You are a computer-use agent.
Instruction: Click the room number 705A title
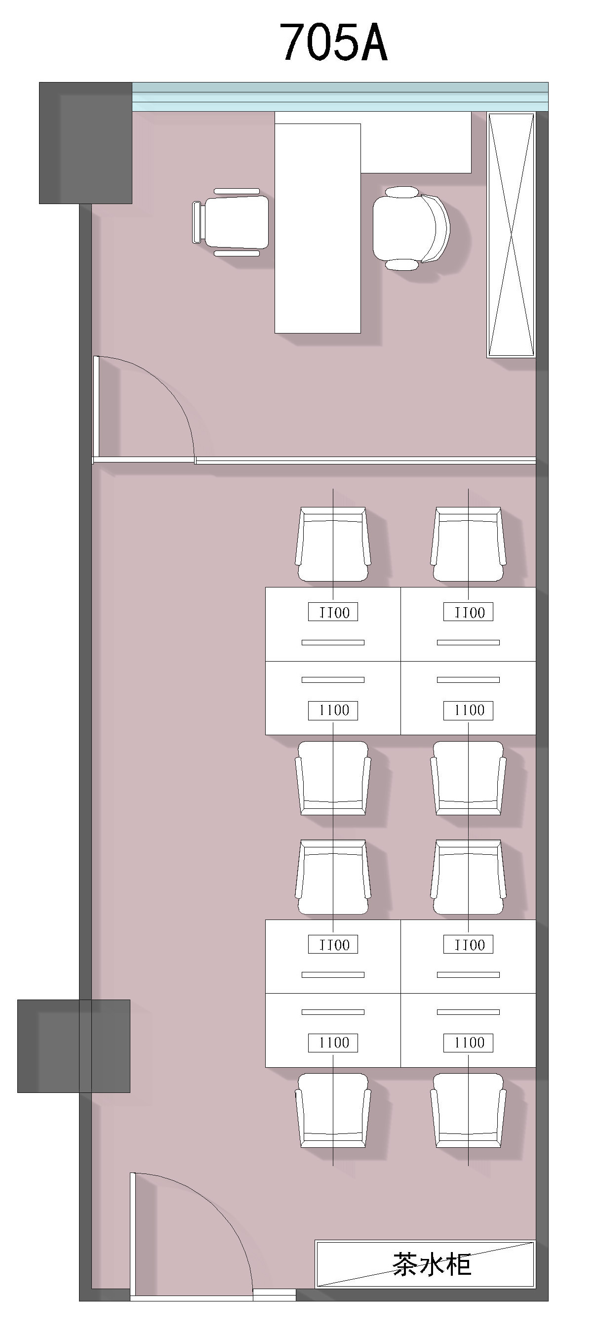click(x=333, y=42)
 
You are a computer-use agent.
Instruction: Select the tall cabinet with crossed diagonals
click(x=511, y=235)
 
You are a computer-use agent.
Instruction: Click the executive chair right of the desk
click(x=411, y=228)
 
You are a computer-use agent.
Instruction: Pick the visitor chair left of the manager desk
click(x=231, y=222)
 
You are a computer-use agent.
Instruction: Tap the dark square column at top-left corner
click(x=86, y=143)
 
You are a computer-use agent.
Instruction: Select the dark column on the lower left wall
click(x=74, y=1046)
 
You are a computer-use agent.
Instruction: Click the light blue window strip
click(x=340, y=97)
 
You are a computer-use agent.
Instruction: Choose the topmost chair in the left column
click(x=333, y=544)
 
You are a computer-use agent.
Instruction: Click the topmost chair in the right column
click(x=468, y=544)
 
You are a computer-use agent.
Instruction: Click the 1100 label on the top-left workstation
click(x=333, y=612)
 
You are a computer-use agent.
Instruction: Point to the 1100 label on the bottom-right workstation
click(x=468, y=1042)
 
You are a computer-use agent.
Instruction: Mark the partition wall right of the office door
click(x=366, y=460)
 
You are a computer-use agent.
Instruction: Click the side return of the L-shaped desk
click(x=416, y=142)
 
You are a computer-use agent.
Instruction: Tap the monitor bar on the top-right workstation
click(x=468, y=642)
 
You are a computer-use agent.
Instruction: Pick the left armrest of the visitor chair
click(x=197, y=222)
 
